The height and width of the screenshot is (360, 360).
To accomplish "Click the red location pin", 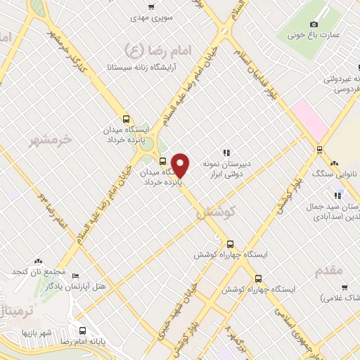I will tap(181, 166).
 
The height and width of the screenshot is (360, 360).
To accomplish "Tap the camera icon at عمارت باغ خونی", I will tap(292, 34).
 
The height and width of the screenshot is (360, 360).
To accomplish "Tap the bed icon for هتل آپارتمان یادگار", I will tap(76, 276).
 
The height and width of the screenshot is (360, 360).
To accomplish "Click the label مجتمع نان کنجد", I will tap(37, 271).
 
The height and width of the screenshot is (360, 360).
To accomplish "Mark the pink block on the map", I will tap(309, 120).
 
